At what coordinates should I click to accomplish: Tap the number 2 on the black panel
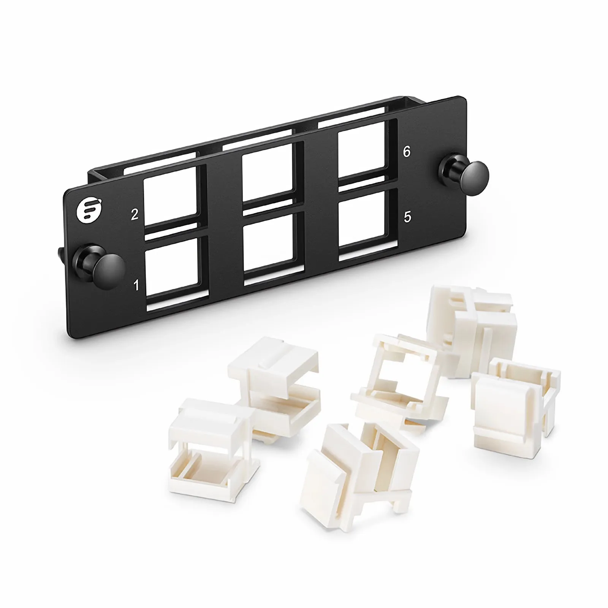point(135,215)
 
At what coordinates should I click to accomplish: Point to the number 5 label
point(407,217)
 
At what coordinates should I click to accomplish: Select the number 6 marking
point(407,152)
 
